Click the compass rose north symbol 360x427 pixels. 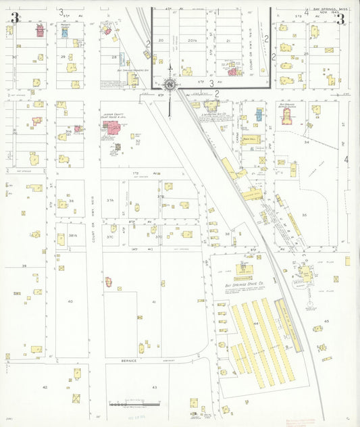point(170,84)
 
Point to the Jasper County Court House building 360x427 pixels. point(109,128)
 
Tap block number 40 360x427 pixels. point(70,301)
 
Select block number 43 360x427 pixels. point(154,386)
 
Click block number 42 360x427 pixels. point(45,387)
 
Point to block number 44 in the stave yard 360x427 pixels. point(256,324)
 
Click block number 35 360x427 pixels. point(304,214)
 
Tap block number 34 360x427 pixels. point(306,143)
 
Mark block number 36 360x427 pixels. point(70,201)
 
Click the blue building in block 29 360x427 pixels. point(65,32)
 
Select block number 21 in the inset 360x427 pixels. point(228,41)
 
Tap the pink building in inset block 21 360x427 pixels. point(232,71)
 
